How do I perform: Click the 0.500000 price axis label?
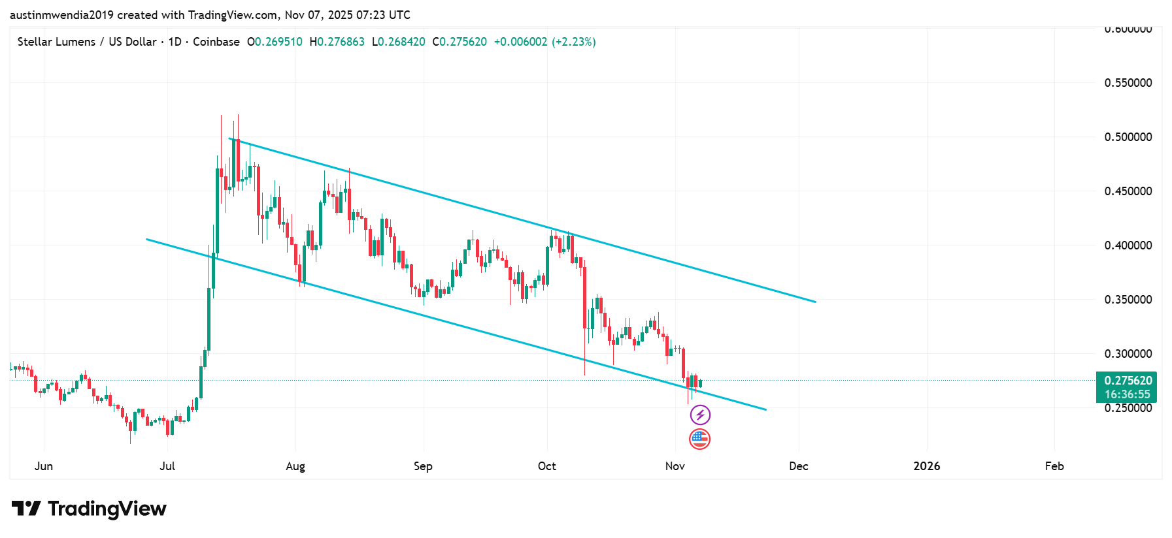(1128, 137)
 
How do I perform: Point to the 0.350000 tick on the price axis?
(1128, 300)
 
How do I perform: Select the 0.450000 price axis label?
(1128, 191)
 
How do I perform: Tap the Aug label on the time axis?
(295, 466)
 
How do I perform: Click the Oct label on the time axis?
(547, 466)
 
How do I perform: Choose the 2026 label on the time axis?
(926, 466)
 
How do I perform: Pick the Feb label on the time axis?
(1054, 466)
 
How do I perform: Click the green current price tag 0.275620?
(1128, 381)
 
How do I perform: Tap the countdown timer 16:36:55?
(1128, 394)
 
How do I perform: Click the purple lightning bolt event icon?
(700, 415)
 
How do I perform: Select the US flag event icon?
(699, 439)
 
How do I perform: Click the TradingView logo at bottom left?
(89, 509)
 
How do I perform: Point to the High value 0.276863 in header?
(341, 42)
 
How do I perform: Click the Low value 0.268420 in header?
(401, 42)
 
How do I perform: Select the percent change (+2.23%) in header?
(574, 42)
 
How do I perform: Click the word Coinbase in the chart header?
(216, 42)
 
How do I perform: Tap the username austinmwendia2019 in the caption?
(61, 14)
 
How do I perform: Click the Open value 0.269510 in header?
(278, 42)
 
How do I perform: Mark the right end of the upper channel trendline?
(815, 302)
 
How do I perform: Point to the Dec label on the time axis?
(798, 466)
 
